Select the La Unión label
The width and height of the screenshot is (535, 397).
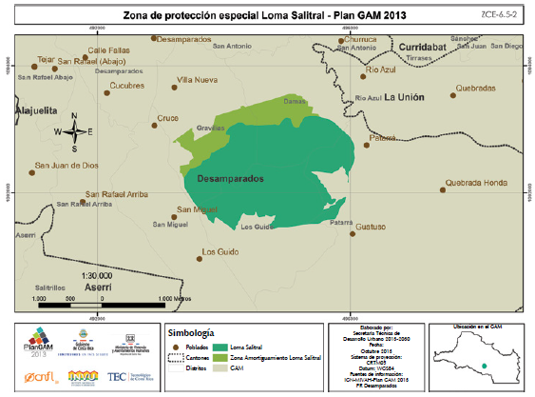coord(408,97)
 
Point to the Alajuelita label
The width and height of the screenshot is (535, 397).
coord(28,110)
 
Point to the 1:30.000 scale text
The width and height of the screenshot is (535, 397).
coord(86,275)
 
